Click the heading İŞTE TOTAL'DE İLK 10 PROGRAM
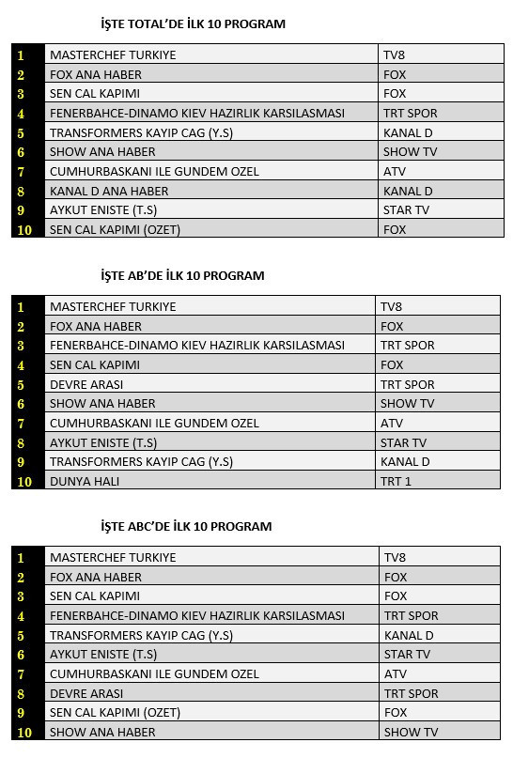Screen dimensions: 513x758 pos(193,23)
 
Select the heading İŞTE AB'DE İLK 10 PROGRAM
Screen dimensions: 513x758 pos(182,275)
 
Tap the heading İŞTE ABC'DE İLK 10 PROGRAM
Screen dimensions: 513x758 pos(186,526)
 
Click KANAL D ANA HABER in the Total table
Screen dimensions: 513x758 pos(109,191)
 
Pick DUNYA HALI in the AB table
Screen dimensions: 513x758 pos(85,481)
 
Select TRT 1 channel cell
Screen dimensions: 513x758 pos(396,481)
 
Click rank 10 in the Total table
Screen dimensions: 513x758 pos(24,229)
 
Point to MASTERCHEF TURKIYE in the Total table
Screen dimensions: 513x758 pos(113,54)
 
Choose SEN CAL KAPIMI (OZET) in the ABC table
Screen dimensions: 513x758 pos(115,712)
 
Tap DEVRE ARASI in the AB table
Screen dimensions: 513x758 pos(86,384)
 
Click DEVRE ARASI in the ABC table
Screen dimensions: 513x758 pos(86,693)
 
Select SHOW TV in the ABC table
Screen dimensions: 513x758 pos(411,732)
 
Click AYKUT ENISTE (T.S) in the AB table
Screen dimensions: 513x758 pos(103,442)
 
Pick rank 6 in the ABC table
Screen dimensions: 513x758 pos(21,655)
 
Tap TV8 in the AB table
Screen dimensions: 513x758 pos(392,306)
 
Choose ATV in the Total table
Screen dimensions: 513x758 pos(395,171)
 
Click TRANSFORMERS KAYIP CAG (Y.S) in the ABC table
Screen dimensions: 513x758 pos(141,635)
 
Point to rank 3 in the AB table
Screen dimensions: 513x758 pos(21,346)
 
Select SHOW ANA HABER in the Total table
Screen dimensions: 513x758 pos(102,152)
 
